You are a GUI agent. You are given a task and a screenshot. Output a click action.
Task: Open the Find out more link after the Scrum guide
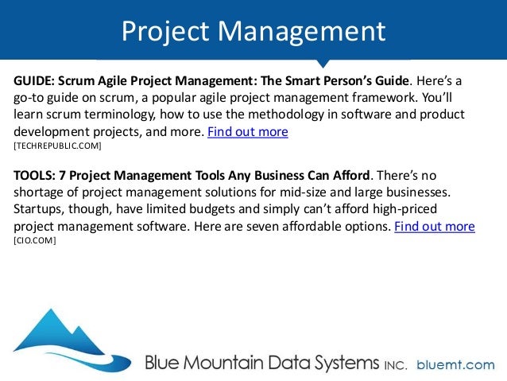[247, 132]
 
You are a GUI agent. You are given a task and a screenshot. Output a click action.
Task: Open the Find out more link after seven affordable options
[435, 226]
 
